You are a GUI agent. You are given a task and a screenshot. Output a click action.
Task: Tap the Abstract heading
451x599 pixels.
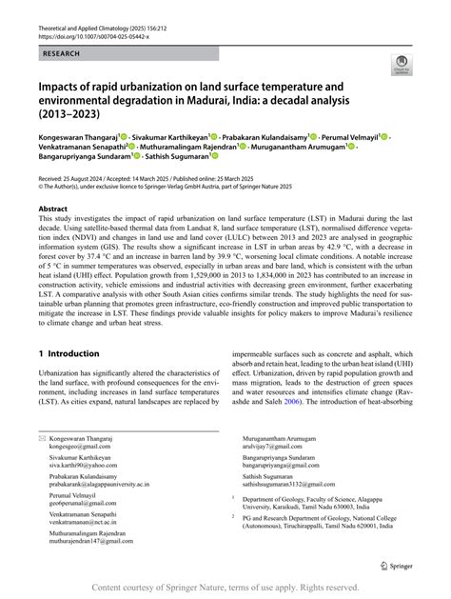click(59, 207)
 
